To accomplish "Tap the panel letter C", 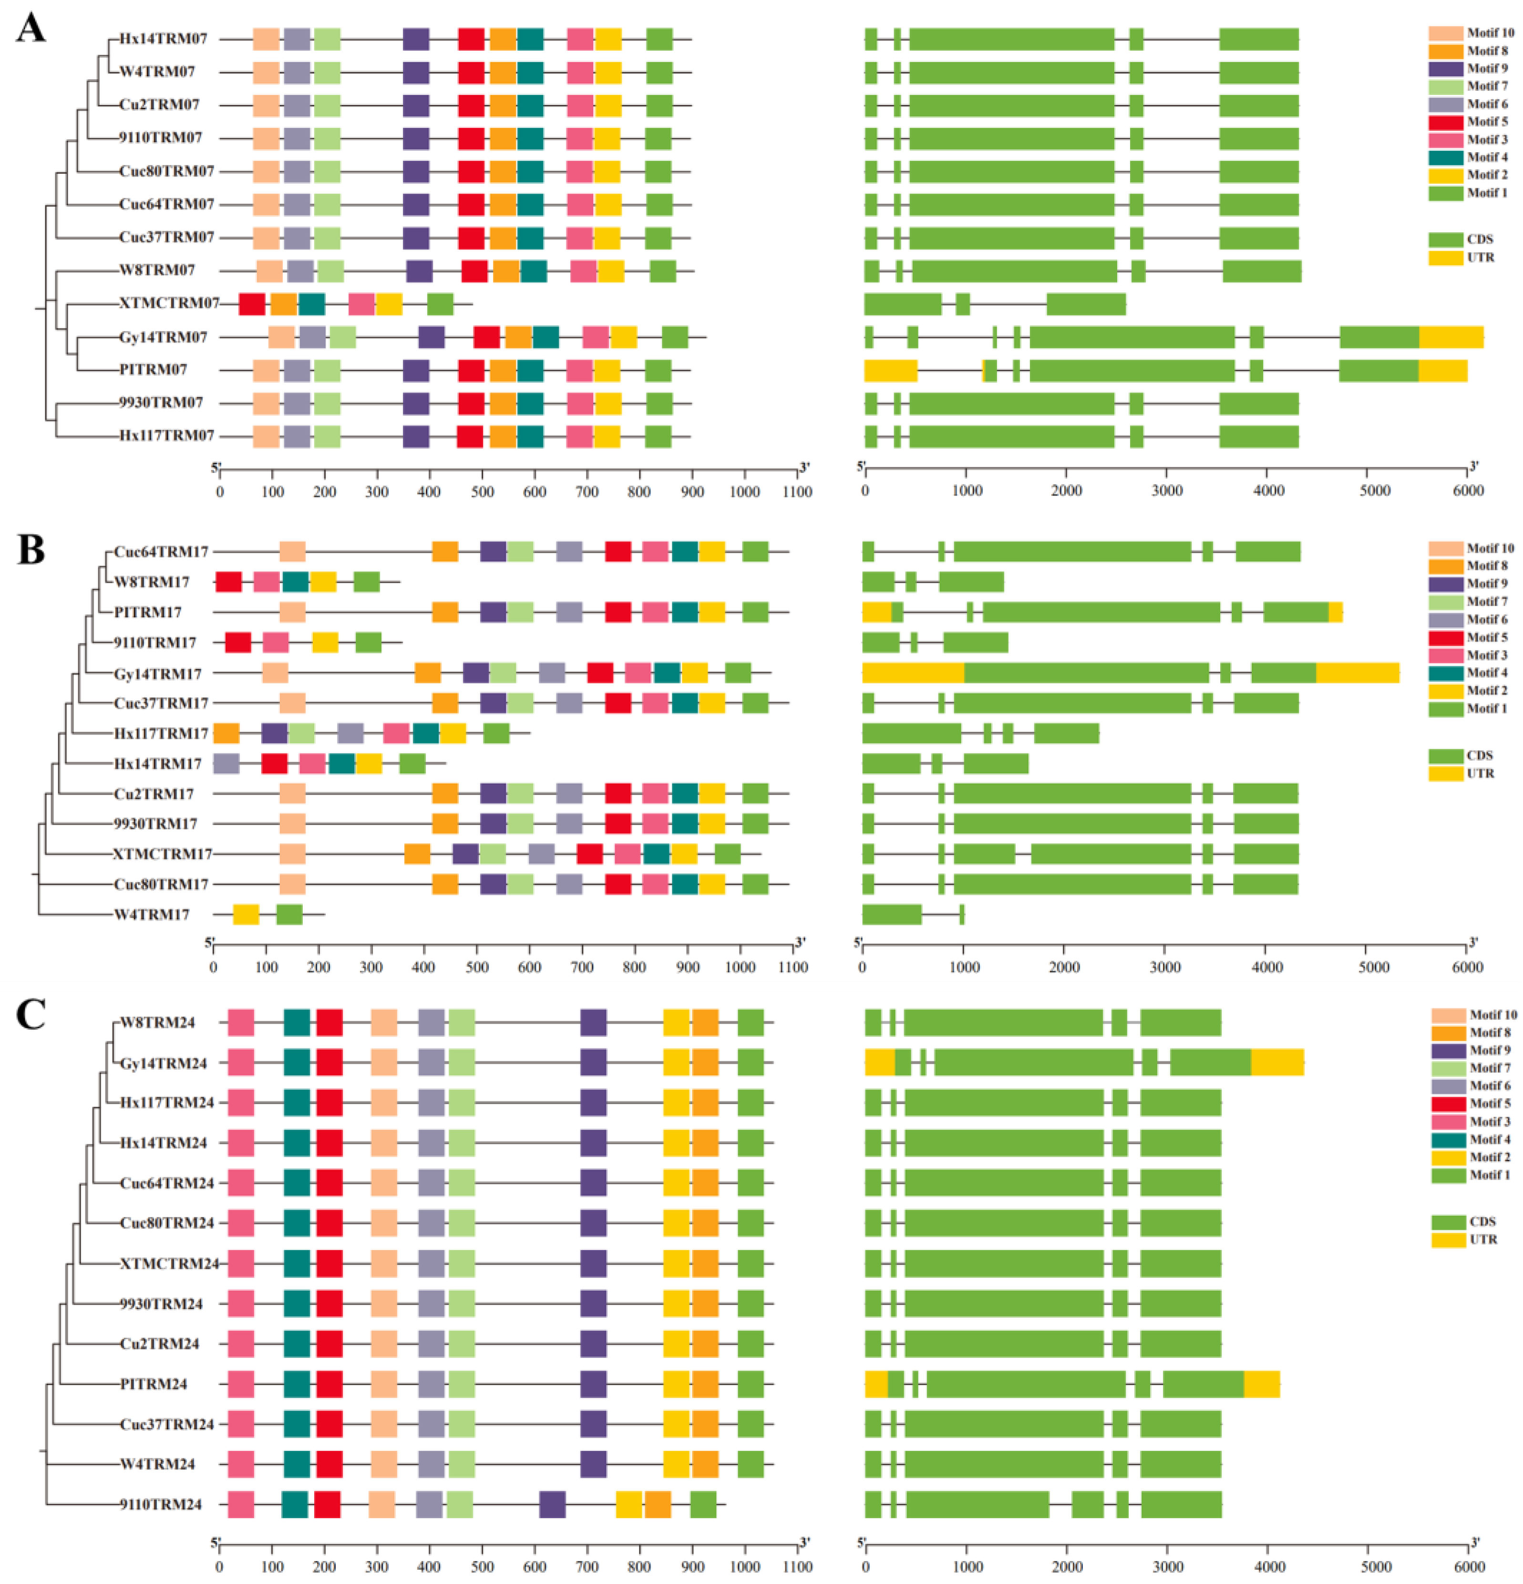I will point(31,1015).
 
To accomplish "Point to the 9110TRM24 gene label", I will point(161,1505).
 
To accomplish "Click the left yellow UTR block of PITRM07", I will point(890,370).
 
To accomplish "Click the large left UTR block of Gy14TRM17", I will point(913,673).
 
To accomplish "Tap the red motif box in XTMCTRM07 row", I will point(252,304).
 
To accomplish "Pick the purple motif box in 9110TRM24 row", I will point(552,1505).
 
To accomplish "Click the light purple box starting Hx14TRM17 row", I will point(226,764).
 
